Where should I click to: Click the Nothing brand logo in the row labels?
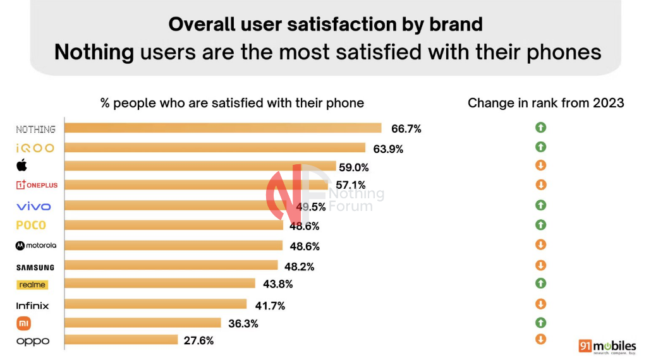[x=35, y=129]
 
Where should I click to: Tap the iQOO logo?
[x=35, y=148]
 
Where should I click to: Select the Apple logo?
[x=21, y=165]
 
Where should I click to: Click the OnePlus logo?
[x=37, y=185]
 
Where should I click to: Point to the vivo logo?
[x=33, y=207]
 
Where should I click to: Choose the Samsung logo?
[x=35, y=267]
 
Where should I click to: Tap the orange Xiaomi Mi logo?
[x=23, y=323]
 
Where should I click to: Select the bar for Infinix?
[x=155, y=304]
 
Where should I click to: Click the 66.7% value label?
[x=406, y=129]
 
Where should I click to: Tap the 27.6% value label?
[x=198, y=340]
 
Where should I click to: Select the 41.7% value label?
[x=270, y=306]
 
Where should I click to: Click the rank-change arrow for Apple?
[x=540, y=165]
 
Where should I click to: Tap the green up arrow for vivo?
[x=540, y=205]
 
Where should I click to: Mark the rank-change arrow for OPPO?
[x=540, y=339]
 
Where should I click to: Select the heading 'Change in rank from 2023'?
[x=545, y=103]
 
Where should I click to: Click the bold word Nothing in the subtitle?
[x=94, y=52]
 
